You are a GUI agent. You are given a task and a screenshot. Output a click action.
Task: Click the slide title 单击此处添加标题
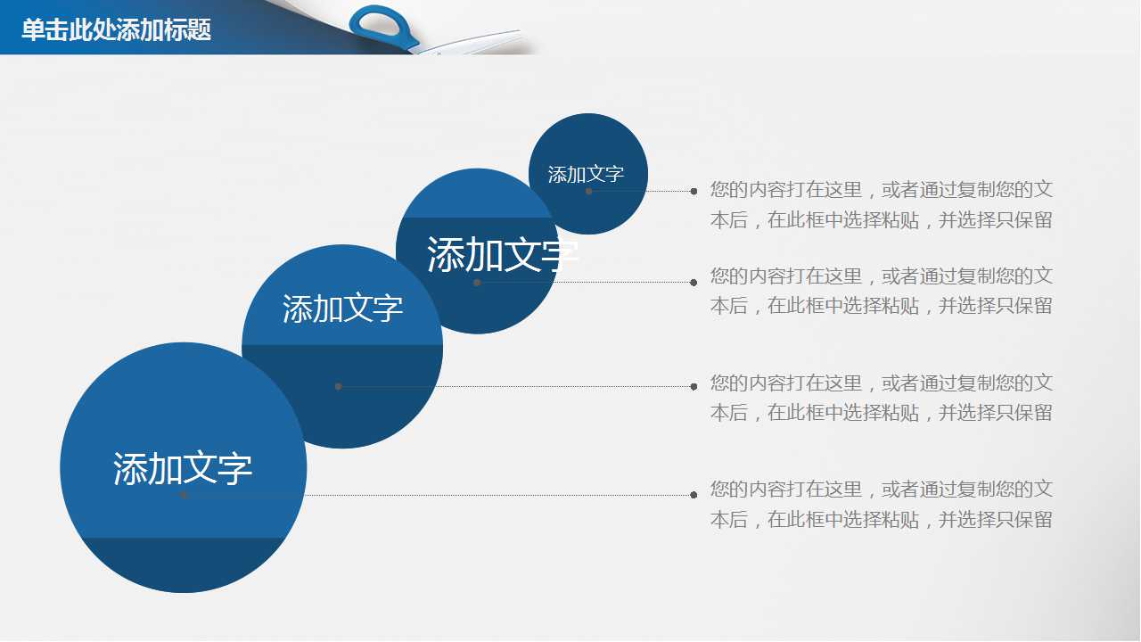click(x=116, y=29)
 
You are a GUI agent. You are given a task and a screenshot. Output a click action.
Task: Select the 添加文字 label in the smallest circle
click(x=586, y=174)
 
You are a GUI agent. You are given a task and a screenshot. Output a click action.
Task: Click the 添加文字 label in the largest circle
click(x=183, y=468)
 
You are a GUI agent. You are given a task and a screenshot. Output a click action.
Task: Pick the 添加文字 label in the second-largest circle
click(x=342, y=309)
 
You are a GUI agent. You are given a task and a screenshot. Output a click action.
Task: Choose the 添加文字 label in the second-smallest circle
click(x=502, y=254)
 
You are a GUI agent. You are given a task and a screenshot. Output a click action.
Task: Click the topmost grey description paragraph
click(x=882, y=205)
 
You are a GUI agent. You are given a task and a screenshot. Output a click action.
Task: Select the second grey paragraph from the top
click(x=882, y=291)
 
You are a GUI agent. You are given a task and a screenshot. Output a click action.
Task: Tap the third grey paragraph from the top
click(x=882, y=398)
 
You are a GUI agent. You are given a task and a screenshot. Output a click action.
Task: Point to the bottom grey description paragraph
click(x=882, y=505)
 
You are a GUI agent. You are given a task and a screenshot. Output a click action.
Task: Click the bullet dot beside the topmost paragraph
click(x=694, y=191)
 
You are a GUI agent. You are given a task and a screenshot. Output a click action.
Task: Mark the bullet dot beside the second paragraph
click(x=694, y=283)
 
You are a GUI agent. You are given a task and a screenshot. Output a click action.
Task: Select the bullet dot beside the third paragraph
click(x=694, y=387)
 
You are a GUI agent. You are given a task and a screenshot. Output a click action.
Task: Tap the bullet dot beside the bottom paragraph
click(x=694, y=495)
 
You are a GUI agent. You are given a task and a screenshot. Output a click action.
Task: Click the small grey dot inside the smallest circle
click(x=589, y=191)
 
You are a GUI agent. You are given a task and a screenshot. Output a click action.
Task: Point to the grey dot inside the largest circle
click(x=184, y=495)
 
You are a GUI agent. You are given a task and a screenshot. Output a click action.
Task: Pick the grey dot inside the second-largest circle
click(x=338, y=387)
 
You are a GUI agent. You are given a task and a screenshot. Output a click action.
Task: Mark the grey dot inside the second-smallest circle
click(x=477, y=283)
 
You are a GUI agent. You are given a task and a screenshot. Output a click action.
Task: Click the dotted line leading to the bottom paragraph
click(x=439, y=495)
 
